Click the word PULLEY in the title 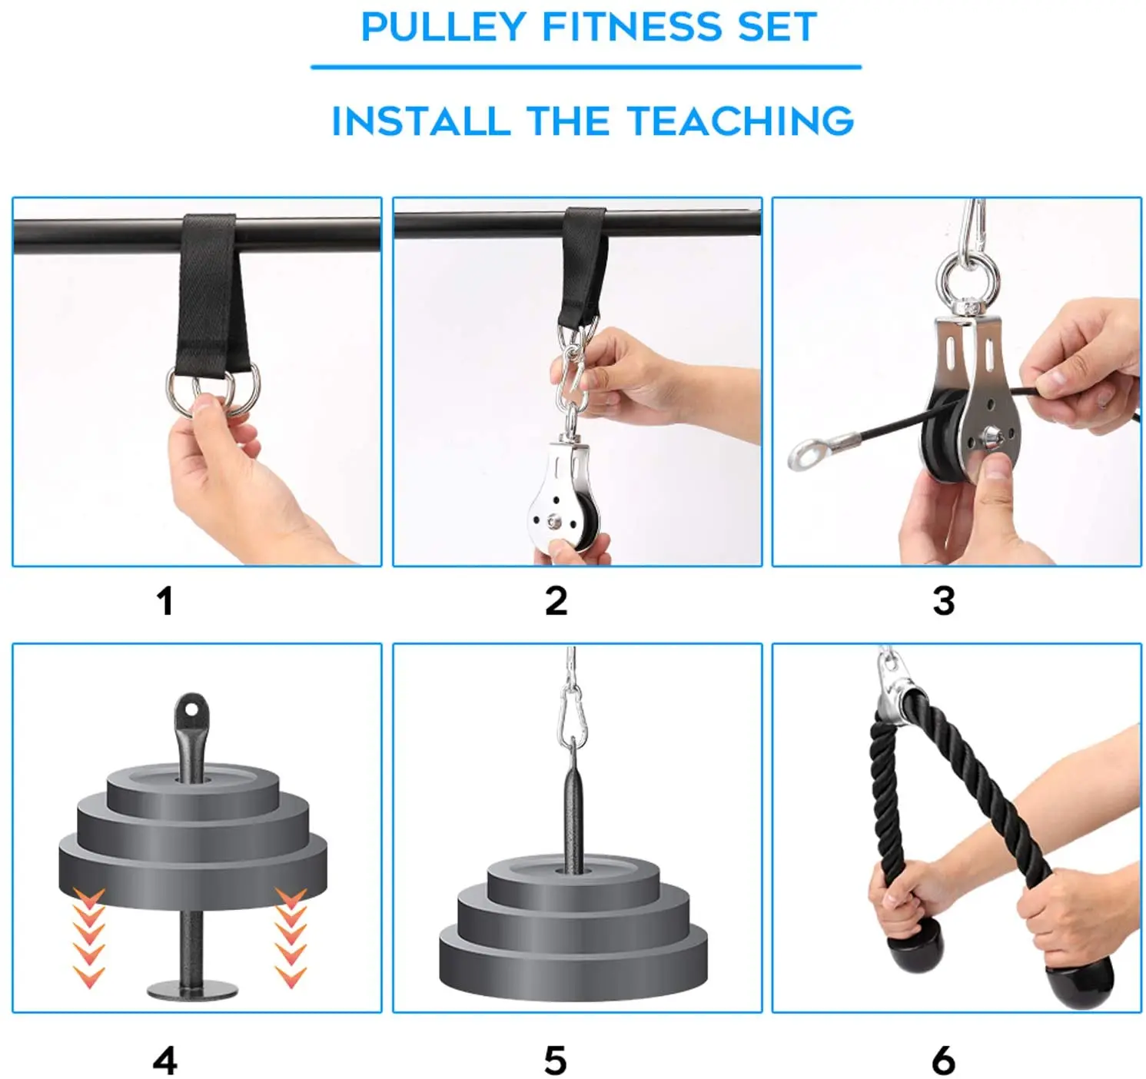tap(443, 27)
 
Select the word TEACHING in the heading tap(739, 121)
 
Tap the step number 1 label tap(165, 601)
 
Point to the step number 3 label tap(944, 601)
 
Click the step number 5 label tap(555, 1061)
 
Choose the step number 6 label tap(944, 1061)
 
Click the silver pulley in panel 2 tap(564, 493)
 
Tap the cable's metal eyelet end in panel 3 tap(806, 452)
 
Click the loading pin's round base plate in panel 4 tap(193, 989)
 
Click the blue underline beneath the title tap(586, 68)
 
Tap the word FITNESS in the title tap(632, 27)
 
